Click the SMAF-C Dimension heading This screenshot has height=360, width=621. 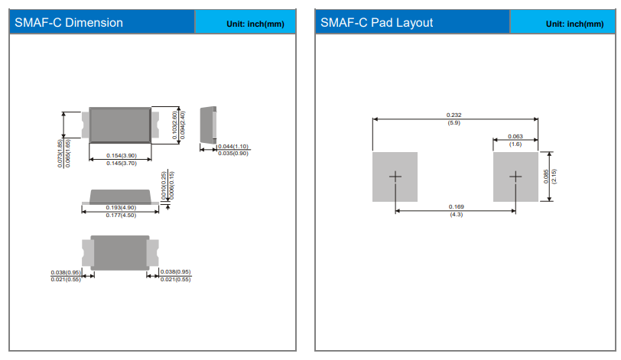[69, 22]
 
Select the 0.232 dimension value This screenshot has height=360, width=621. [454, 115]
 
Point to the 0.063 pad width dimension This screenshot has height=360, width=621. [515, 136]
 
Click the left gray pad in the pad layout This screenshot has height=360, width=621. [395, 177]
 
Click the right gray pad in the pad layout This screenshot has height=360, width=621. [515, 177]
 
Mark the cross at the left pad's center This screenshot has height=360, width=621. [395, 177]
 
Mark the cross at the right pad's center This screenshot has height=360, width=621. [515, 177]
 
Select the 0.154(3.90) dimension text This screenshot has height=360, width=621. [121, 156]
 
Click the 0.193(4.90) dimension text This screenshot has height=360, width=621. [121, 208]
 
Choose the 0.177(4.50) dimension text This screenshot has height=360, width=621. [121, 216]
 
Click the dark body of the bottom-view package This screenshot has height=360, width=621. [120, 252]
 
